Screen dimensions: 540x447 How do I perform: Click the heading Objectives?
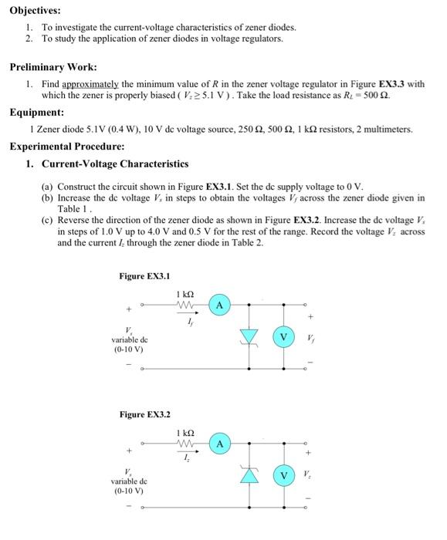pos(35,11)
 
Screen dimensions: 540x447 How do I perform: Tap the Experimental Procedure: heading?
pos(67,146)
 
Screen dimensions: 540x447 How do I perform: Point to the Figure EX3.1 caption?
pos(144,275)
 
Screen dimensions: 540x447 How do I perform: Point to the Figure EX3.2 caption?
pos(144,414)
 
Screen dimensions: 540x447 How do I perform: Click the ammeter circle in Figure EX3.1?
pos(220,306)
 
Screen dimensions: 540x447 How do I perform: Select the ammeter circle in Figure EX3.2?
pos(220,444)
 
